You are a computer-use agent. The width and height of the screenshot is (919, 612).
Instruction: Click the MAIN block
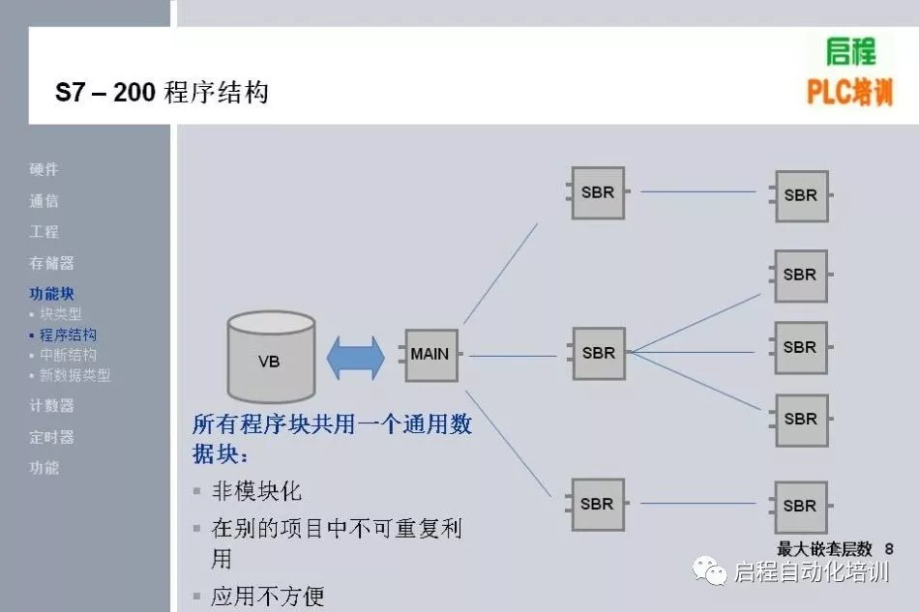[x=430, y=355]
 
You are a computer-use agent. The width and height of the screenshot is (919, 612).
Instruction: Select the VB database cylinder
[x=270, y=358]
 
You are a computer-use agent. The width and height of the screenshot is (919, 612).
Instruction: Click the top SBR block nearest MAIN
[x=598, y=192]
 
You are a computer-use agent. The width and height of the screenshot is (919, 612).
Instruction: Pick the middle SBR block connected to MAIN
[x=598, y=353]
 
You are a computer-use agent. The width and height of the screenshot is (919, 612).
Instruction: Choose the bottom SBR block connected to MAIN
[x=598, y=504]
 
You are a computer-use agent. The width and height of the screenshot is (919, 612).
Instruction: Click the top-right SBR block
[x=801, y=195]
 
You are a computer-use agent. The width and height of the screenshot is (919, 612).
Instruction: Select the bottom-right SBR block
[x=801, y=506]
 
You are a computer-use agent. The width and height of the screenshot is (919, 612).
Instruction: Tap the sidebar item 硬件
[x=44, y=169]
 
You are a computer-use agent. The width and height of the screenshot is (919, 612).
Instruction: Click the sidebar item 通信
[x=44, y=201]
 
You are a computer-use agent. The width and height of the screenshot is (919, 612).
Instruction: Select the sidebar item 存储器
[x=51, y=263]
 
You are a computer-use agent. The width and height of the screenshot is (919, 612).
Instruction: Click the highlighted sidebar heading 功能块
[x=51, y=294]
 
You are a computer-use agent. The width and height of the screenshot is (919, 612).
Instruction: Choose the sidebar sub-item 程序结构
[x=68, y=335]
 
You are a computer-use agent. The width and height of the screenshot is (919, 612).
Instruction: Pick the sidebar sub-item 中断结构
[x=68, y=355]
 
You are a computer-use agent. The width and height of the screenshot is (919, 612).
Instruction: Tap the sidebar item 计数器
[x=51, y=406]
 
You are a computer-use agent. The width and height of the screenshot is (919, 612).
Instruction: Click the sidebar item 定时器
[x=51, y=437]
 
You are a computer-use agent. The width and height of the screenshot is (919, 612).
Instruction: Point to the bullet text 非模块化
[x=256, y=491]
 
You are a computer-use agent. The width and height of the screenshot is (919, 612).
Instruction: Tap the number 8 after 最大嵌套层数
[x=888, y=549]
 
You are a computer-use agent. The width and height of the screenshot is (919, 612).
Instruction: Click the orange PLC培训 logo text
[x=849, y=93]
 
